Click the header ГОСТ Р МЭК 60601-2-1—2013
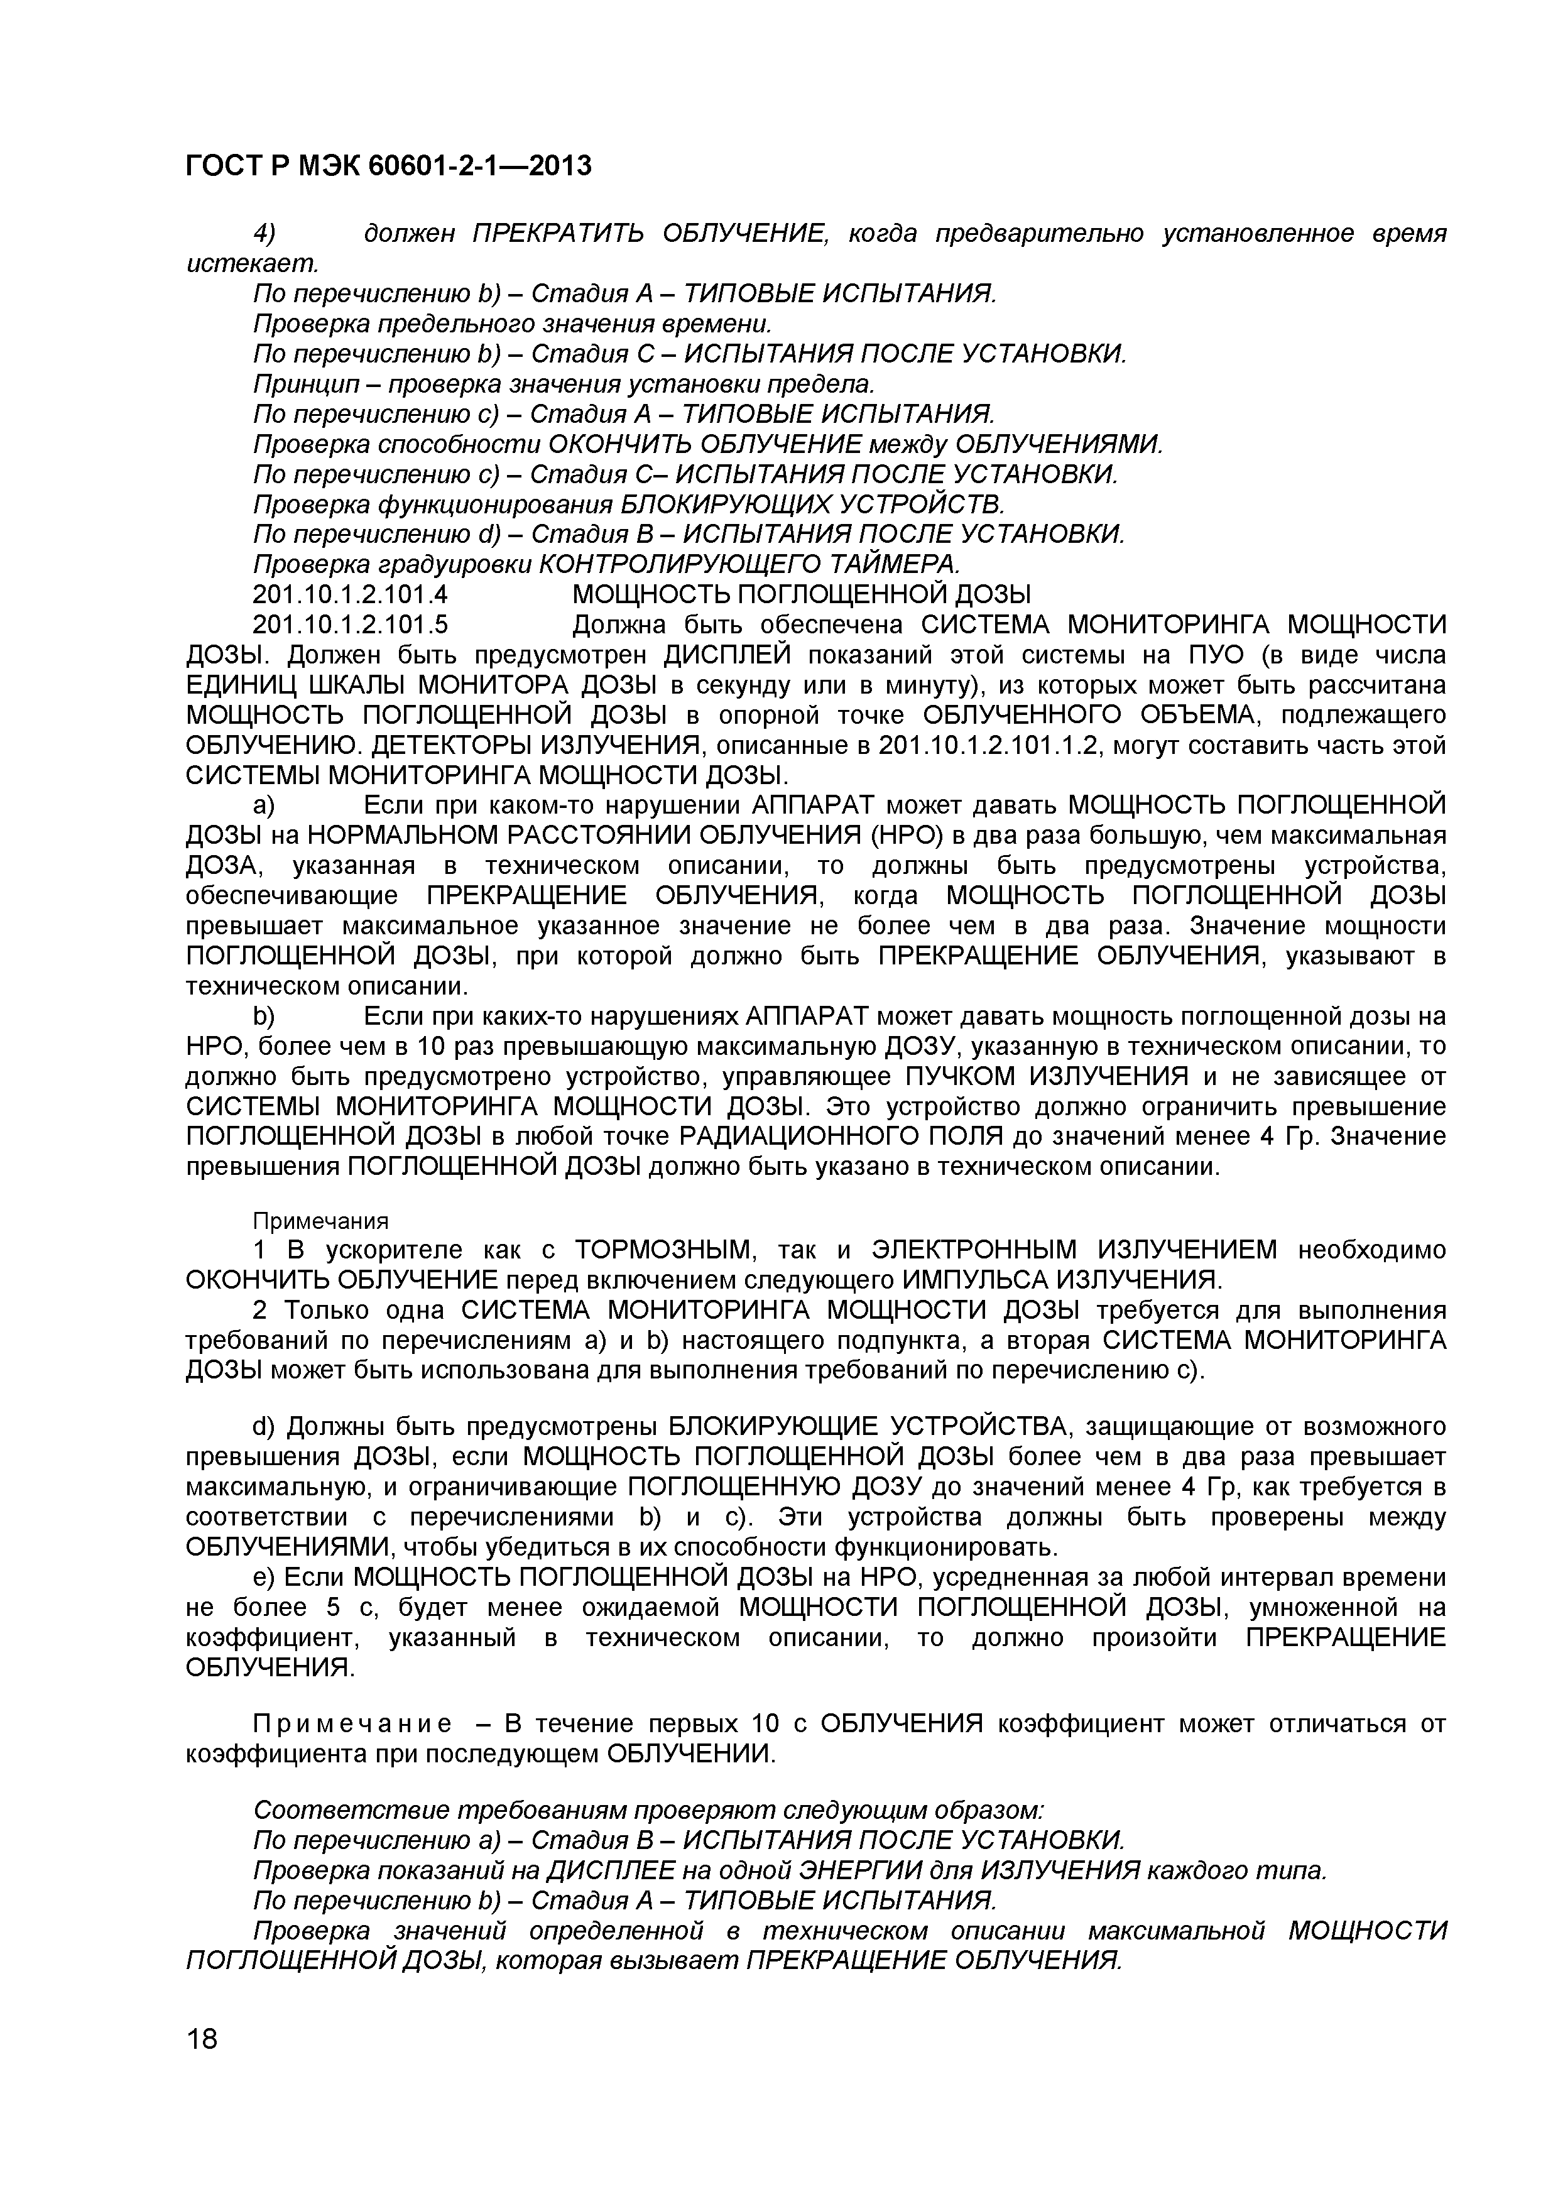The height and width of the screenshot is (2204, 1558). coord(388,166)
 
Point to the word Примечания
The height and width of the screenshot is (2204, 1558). coord(320,1220)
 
